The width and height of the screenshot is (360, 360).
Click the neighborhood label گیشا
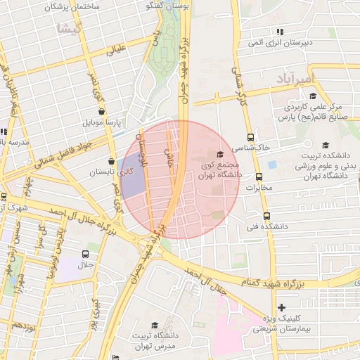[x=72, y=29]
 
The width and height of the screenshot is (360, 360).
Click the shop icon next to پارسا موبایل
[x=102, y=111]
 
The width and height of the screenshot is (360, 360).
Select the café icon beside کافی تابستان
[x=112, y=159]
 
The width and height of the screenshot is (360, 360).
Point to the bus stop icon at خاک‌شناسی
[x=251, y=138]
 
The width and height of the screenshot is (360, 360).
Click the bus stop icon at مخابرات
[x=259, y=177]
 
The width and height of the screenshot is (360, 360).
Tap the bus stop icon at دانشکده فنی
[x=266, y=217]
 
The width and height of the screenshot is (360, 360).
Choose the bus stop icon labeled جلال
[x=85, y=254]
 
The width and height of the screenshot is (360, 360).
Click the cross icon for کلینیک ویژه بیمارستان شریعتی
[x=281, y=307]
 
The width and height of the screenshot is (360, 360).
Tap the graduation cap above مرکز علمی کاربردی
[x=312, y=96]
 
